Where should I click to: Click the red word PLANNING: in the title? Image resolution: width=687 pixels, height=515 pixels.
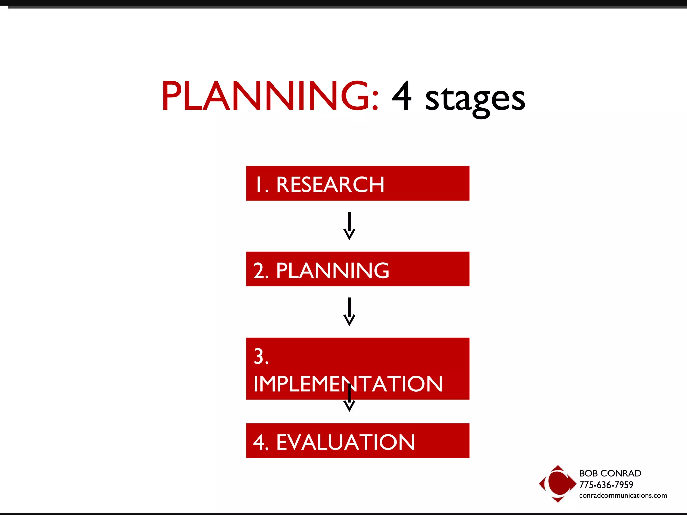tap(270, 96)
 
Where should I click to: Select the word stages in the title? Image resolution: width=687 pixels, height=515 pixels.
tap(475, 99)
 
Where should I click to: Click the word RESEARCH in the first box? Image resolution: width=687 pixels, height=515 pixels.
tap(330, 185)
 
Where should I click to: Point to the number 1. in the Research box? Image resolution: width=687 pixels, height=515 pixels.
tap(262, 185)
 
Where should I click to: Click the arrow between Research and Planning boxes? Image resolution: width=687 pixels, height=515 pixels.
tap(349, 225)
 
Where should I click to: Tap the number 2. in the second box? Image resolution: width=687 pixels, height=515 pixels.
tap(261, 271)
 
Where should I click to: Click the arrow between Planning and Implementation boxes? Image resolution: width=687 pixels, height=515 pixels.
tap(349, 311)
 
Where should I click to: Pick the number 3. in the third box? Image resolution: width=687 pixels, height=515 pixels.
tap(261, 356)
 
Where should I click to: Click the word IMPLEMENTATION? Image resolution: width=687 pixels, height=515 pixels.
tap(348, 384)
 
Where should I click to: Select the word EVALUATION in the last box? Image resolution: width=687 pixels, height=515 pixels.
tap(345, 442)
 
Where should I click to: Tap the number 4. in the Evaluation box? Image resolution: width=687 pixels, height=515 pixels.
tap(261, 442)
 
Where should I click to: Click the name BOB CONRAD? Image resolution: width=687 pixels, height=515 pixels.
tap(610, 473)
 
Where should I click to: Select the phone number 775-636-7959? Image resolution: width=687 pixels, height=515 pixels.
tap(606, 484)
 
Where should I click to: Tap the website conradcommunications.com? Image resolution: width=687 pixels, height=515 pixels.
tap(623, 495)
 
